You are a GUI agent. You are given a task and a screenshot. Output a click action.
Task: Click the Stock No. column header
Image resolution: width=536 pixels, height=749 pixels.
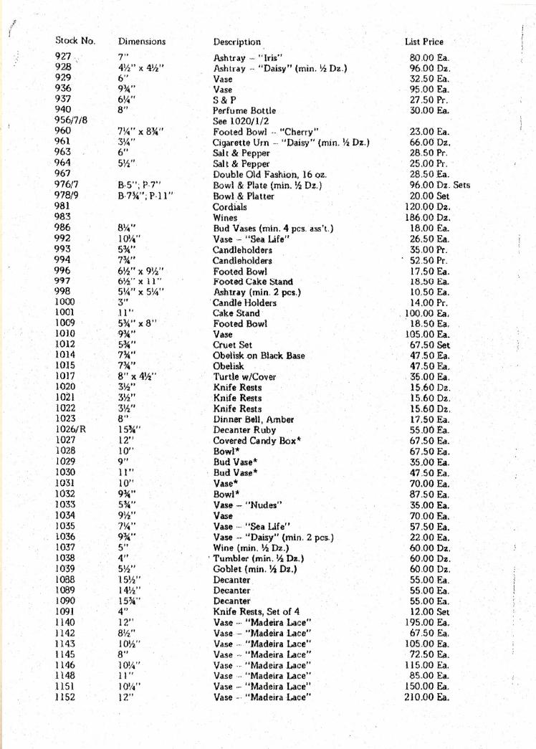75,42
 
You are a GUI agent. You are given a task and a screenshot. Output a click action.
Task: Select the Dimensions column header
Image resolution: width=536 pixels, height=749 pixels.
142,42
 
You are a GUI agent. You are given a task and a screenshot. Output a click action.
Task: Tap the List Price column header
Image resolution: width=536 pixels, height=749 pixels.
424,42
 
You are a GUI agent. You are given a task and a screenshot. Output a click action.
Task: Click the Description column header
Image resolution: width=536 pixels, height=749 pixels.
237,42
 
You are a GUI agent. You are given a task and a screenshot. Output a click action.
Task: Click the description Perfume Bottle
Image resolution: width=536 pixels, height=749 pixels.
244,111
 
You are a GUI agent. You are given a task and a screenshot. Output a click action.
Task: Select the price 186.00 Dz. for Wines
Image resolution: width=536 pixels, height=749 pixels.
430,218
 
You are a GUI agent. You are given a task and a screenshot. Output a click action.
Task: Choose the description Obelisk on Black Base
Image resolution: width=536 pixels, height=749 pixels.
259,356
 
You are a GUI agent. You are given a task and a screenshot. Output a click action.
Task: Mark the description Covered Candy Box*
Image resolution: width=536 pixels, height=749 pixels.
257,440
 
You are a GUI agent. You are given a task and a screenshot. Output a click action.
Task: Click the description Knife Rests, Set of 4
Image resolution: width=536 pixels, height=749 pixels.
254,611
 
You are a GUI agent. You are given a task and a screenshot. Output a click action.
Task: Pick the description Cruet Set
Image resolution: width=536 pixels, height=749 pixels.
233,345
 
